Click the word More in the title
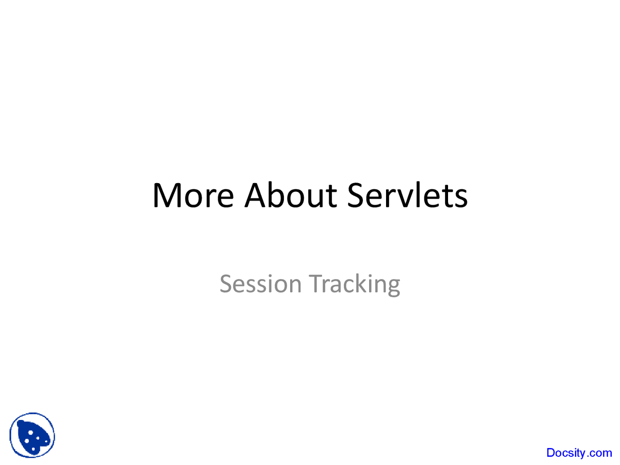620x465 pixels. tap(193, 195)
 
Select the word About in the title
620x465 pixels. tap(291, 195)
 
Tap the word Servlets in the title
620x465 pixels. tap(407, 195)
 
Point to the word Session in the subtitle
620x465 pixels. tap(261, 283)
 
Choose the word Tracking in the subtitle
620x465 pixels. tap(355, 285)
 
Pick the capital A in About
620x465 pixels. tap(256, 195)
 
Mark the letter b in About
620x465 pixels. tap(276, 195)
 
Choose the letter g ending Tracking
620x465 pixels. tap(394, 288)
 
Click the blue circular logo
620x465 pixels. tap(32, 435)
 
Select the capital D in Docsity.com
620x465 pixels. tap(551, 452)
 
